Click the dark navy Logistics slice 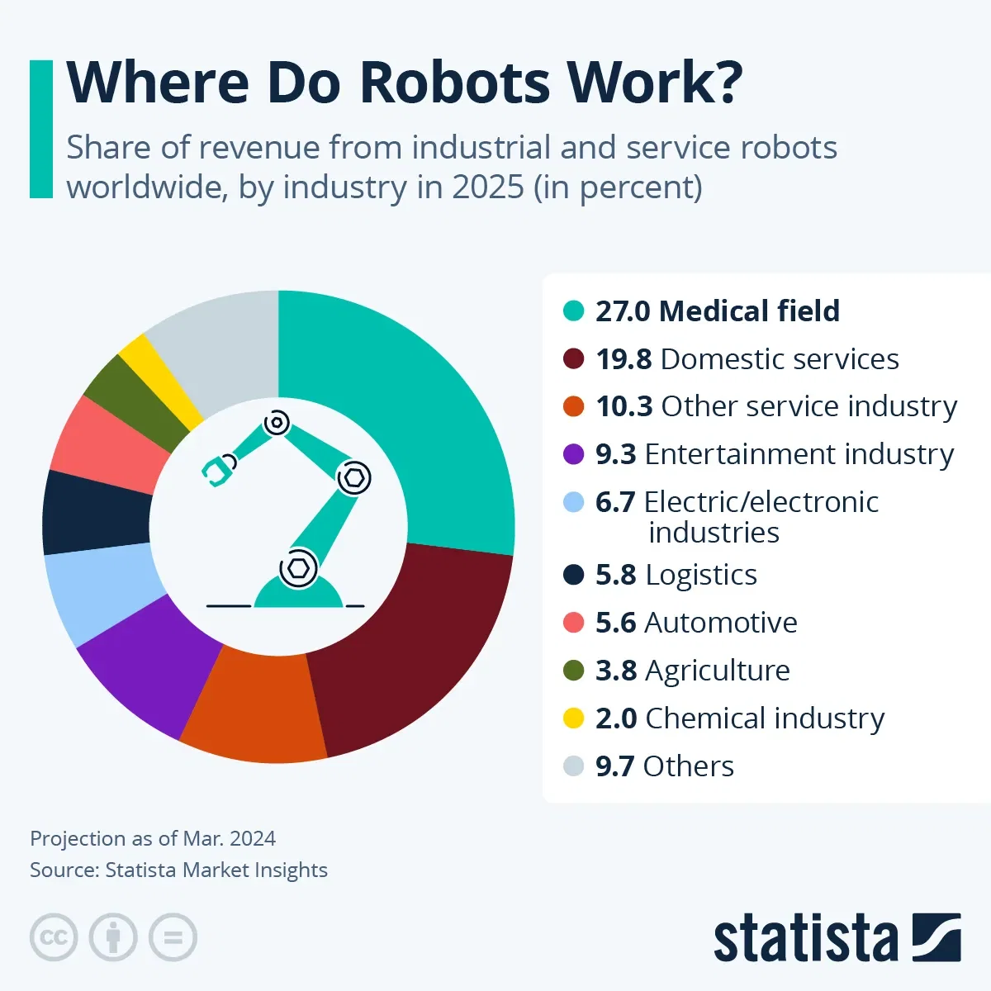pos(95,512)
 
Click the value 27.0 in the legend pos(624,311)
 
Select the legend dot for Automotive pos(573,623)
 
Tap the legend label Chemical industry pos(764,718)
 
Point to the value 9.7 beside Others pos(615,766)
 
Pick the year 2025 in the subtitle pos(487,187)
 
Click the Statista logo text pos(805,939)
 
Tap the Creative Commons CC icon pos(54,938)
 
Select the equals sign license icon pos(173,938)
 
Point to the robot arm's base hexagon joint pos(298,568)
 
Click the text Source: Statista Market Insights pos(178,870)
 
